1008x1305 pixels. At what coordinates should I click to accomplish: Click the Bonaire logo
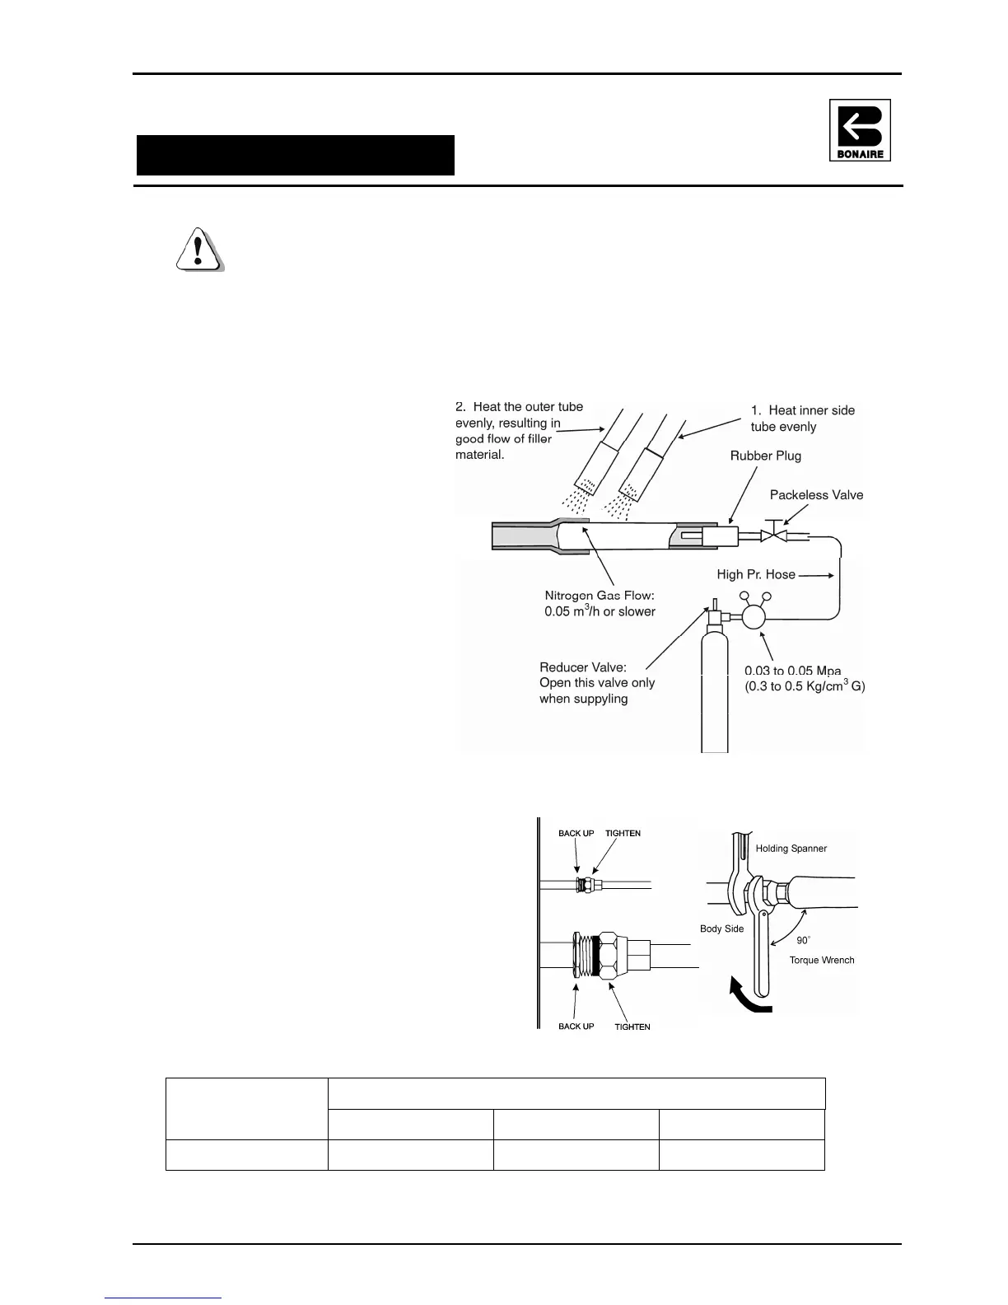click(860, 130)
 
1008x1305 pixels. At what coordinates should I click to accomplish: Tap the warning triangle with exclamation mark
click(198, 248)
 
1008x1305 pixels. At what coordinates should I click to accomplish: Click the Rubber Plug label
click(765, 456)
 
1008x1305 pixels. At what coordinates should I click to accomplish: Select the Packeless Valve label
click(816, 494)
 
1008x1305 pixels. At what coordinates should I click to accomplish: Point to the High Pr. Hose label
click(756, 574)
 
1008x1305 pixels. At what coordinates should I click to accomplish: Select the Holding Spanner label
click(791, 848)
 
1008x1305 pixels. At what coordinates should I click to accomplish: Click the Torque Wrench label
click(821, 960)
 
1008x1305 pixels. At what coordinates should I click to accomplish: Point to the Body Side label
click(721, 928)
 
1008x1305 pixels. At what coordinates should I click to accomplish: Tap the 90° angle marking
click(803, 940)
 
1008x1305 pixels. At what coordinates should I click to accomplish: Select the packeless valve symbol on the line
click(773, 536)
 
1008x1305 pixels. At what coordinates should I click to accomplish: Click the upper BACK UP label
click(576, 833)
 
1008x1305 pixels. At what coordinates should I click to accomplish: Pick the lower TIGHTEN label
click(632, 1027)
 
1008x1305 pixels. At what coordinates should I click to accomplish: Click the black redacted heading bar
click(296, 155)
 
